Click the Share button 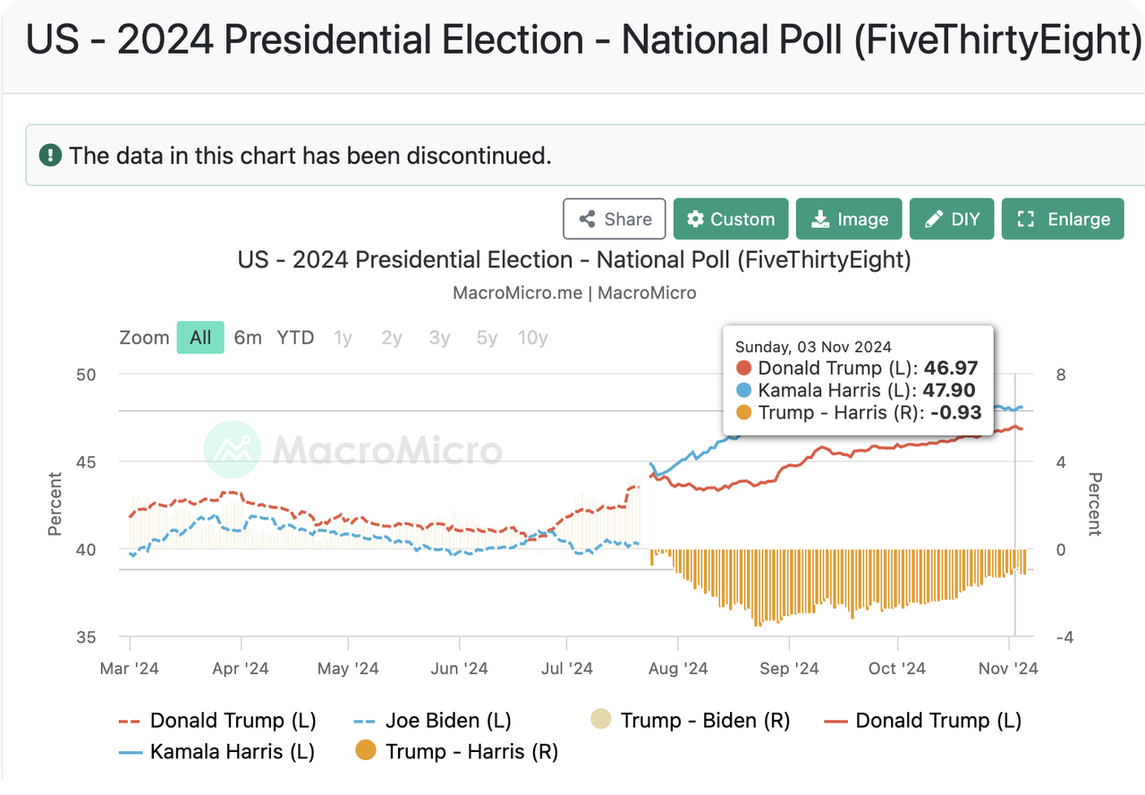(x=615, y=219)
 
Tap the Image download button (x=849, y=219)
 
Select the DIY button (x=952, y=219)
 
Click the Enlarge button (x=1063, y=219)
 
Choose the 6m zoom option (x=248, y=337)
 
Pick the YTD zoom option (x=295, y=337)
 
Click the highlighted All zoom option (x=200, y=337)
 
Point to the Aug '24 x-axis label (x=677, y=668)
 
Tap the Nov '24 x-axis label (x=1008, y=668)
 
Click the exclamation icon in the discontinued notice (x=51, y=155)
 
